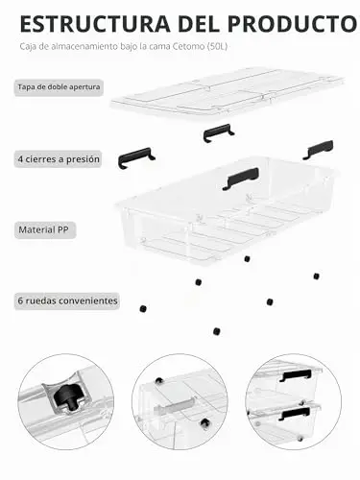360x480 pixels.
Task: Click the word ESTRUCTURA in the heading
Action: (95, 24)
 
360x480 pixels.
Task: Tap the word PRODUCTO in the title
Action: (293, 24)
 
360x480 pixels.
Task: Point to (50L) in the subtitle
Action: (217, 46)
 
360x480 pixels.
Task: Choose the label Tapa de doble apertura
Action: (59, 87)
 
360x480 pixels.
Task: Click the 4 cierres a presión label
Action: (59, 159)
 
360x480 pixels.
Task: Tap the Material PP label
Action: (43, 229)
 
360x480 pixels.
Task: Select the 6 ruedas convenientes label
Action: (67, 300)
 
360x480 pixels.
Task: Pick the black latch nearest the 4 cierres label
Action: (136, 157)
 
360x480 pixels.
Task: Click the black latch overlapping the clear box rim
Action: (241, 178)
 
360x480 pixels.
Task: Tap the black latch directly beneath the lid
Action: (218, 132)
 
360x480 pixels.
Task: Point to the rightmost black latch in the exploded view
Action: (318, 150)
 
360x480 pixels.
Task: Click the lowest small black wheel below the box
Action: (217, 331)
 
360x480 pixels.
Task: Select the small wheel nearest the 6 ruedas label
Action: (143, 309)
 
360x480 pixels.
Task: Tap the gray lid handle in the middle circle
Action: (175, 407)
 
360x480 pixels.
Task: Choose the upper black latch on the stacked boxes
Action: (296, 375)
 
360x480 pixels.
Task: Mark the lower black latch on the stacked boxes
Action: (295, 414)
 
